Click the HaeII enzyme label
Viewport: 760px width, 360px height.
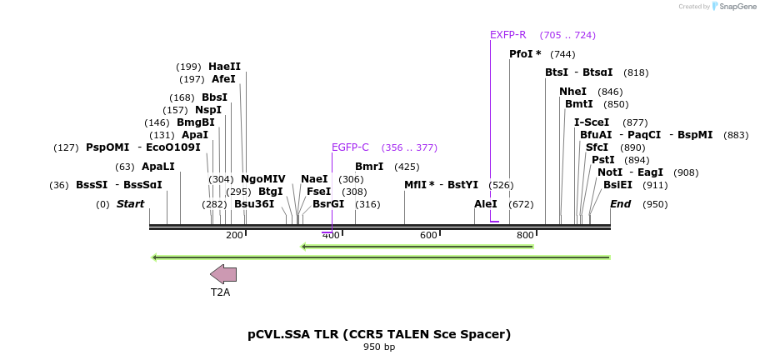(224, 67)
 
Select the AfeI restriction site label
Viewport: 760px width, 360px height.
(223, 79)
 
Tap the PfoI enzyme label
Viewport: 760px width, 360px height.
(525, 54)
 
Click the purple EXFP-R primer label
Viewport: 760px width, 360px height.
(507, 35)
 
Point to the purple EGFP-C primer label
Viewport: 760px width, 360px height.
(350, 147)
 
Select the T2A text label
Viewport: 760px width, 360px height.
(220, 292)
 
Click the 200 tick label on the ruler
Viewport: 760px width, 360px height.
(234, 235)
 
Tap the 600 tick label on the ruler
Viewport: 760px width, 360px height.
(428, 235)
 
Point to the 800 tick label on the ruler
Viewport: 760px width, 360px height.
(525, 235)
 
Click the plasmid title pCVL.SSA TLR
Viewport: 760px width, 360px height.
(379, 334)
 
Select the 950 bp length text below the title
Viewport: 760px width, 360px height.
(379, 347)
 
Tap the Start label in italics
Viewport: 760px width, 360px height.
(130, 204)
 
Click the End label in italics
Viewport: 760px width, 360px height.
(620, 204)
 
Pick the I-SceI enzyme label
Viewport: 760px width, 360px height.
(592, 122)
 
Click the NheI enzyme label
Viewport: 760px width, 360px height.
(572, 92)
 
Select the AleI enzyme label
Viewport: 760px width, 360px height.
(486, 204)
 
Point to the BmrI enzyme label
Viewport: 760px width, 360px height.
(369, 167)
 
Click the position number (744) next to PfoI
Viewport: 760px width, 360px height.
(562, 54)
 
